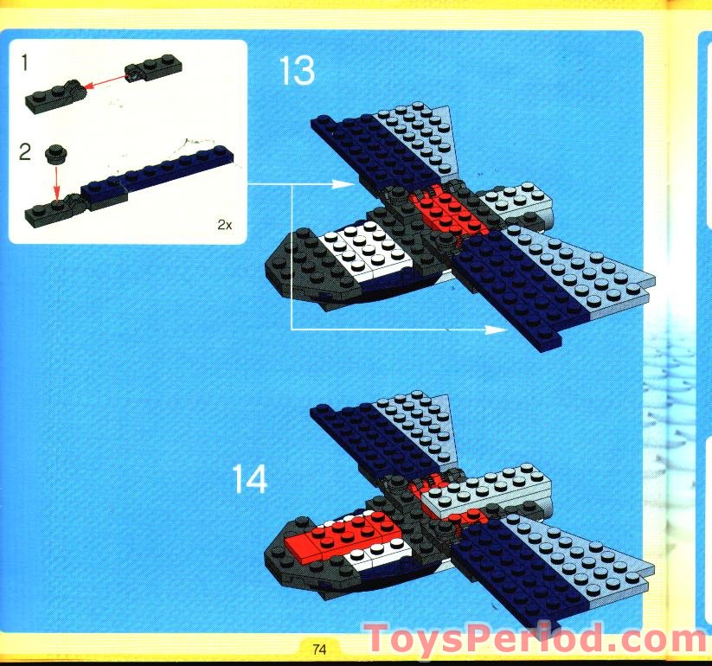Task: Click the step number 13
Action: [297, 71]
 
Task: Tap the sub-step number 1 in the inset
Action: [26, 62]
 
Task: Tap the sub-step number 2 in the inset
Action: [25, 154]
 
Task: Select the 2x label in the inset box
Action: [224, 224]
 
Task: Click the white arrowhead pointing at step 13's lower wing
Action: [497, 330]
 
